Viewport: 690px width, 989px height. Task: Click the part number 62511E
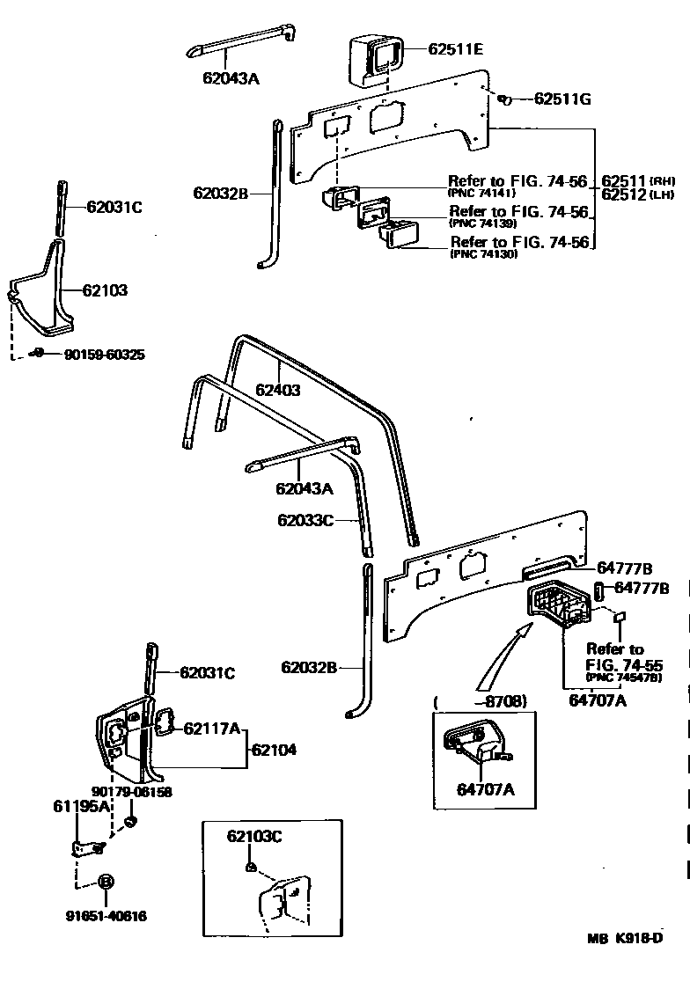pos(455,49)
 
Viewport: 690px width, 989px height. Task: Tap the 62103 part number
pos(105,289)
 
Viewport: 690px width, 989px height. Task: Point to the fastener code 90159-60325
pos(104,355)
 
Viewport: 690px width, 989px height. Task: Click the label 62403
pos(278,390)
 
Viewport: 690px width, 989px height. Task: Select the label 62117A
pos(211,728)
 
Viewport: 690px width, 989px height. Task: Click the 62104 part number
pos(274,751)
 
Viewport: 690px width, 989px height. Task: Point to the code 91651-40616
pos(106,916)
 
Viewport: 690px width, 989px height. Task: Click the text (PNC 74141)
pos(482,193)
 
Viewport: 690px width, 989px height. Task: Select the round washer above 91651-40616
pos(105,881)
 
